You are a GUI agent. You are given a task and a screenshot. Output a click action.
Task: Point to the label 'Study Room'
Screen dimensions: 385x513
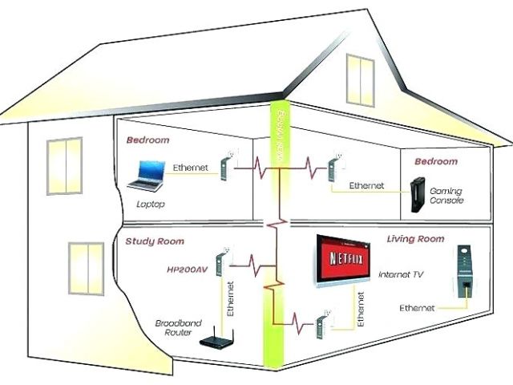[155, 241]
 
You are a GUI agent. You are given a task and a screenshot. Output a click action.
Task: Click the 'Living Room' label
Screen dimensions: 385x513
[414, 239]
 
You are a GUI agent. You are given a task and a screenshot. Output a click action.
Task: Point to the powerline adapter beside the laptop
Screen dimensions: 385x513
[225, 168]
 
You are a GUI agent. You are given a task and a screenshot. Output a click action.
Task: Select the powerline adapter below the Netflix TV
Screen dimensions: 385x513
[321, 325]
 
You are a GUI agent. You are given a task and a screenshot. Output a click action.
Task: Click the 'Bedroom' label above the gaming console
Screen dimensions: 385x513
[436, 161]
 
